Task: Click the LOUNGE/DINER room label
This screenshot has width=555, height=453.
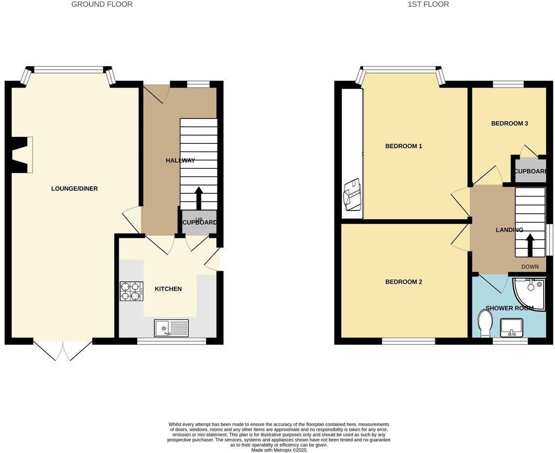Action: pyautogui.click(x=74, y=189)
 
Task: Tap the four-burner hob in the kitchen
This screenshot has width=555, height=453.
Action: pyautogui.click(x=131, y=291)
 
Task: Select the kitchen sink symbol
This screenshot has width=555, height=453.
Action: pyautogui.click(x=171, y=328)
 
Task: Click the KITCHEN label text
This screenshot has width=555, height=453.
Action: pyautogui.click(x=168, y=289)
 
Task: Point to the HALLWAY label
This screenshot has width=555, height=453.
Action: pyautogui.click(x=180, y=160)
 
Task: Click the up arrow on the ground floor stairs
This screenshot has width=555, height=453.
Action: pyautogui.click(x=199, y=198)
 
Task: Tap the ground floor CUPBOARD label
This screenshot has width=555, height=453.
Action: pyautogui.click(x=199, y=223)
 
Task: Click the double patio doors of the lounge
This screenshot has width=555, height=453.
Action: pyautogui.click(x=63, y=350)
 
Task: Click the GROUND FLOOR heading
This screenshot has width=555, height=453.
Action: pyautogui.click(x=102, y=4)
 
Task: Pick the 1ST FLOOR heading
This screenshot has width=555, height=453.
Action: pyautogui.click(x=428, y=4)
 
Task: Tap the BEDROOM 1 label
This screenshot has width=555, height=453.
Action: pyautogui.click(x=404, y=146)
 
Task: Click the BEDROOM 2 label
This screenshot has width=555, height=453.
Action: pyautogui.click(x=404, y=282)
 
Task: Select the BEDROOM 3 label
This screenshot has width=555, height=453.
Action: pyautogui.click(x=509, y=124)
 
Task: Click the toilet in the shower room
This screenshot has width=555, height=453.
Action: pyautogui.click(x=485, y=324)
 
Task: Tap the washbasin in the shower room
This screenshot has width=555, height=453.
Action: pyautogui.click(x=511, y=327)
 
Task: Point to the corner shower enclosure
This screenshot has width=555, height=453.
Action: pyautogui.click(x=531, y=293)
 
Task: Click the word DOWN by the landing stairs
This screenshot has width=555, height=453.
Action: pyautogui.click(x=530, y=267)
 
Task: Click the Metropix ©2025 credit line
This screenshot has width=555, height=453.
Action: pyautogui.click(x=278, y=450)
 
